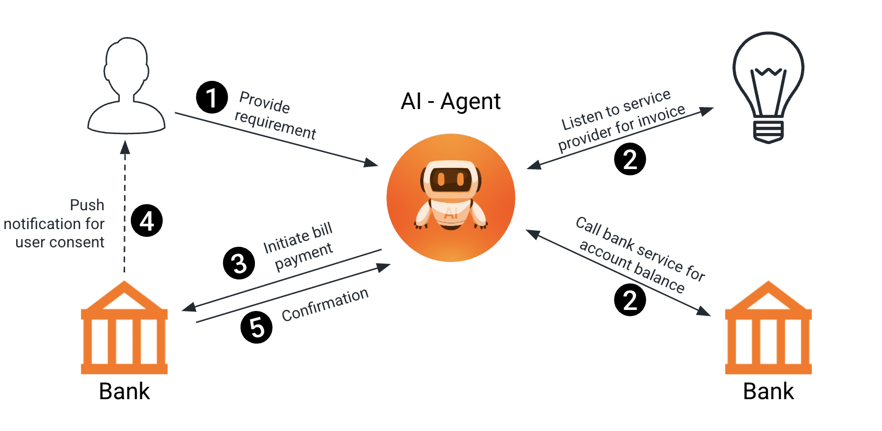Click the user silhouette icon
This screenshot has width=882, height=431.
127,86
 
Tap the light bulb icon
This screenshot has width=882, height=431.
768,86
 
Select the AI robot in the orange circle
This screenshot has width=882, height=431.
451,197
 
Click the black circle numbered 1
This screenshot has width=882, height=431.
212,97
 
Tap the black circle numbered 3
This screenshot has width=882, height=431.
239,263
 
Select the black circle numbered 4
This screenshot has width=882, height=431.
147,221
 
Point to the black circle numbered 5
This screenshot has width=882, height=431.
256,327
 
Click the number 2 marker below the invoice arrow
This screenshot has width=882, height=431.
630,159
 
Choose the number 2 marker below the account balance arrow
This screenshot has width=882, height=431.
630,300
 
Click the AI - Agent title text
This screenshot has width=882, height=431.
450,101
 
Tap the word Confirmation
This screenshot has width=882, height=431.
325,304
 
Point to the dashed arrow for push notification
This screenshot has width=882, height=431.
125,209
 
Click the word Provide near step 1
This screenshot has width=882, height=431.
264,102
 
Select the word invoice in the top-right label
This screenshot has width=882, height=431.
661,117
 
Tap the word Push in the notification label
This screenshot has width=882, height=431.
87,205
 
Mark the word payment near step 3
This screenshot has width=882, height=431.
303,256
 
